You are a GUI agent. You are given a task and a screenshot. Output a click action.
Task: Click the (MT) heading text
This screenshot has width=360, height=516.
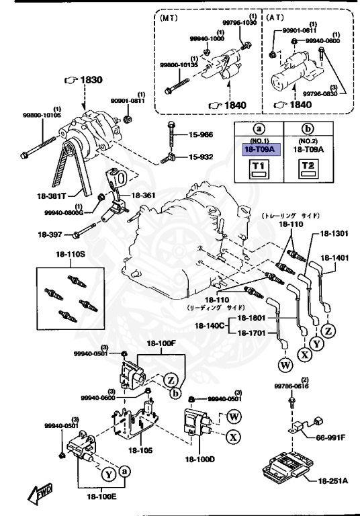point(171,19)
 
